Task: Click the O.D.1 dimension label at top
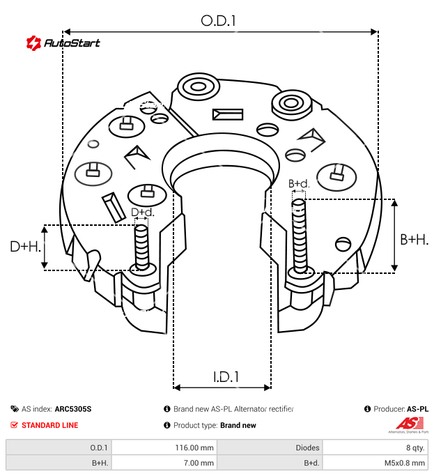pos(218,21)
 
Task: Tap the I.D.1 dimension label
pos(226,377)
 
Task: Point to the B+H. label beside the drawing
pos(414,240)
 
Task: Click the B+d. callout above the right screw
pos(298,184)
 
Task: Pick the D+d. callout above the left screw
pos(141,213)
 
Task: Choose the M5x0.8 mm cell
pos(403,463)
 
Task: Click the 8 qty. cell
pos(414,447)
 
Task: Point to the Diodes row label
pos(307,447)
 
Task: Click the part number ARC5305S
pos(73,409)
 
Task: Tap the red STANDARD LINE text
pos(49,425)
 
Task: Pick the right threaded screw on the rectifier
pos(300,237)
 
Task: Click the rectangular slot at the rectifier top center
pos(228,115)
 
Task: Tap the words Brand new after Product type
pos(238,425)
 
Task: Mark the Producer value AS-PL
pos(417,409)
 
